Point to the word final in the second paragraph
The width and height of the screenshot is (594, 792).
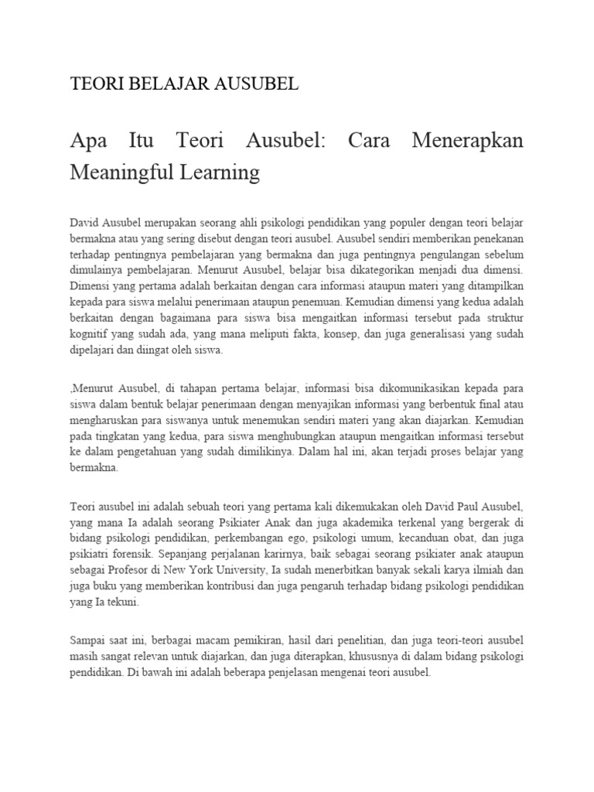tap(480, 402)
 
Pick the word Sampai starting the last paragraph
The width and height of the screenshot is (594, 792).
tap(88, 640)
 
